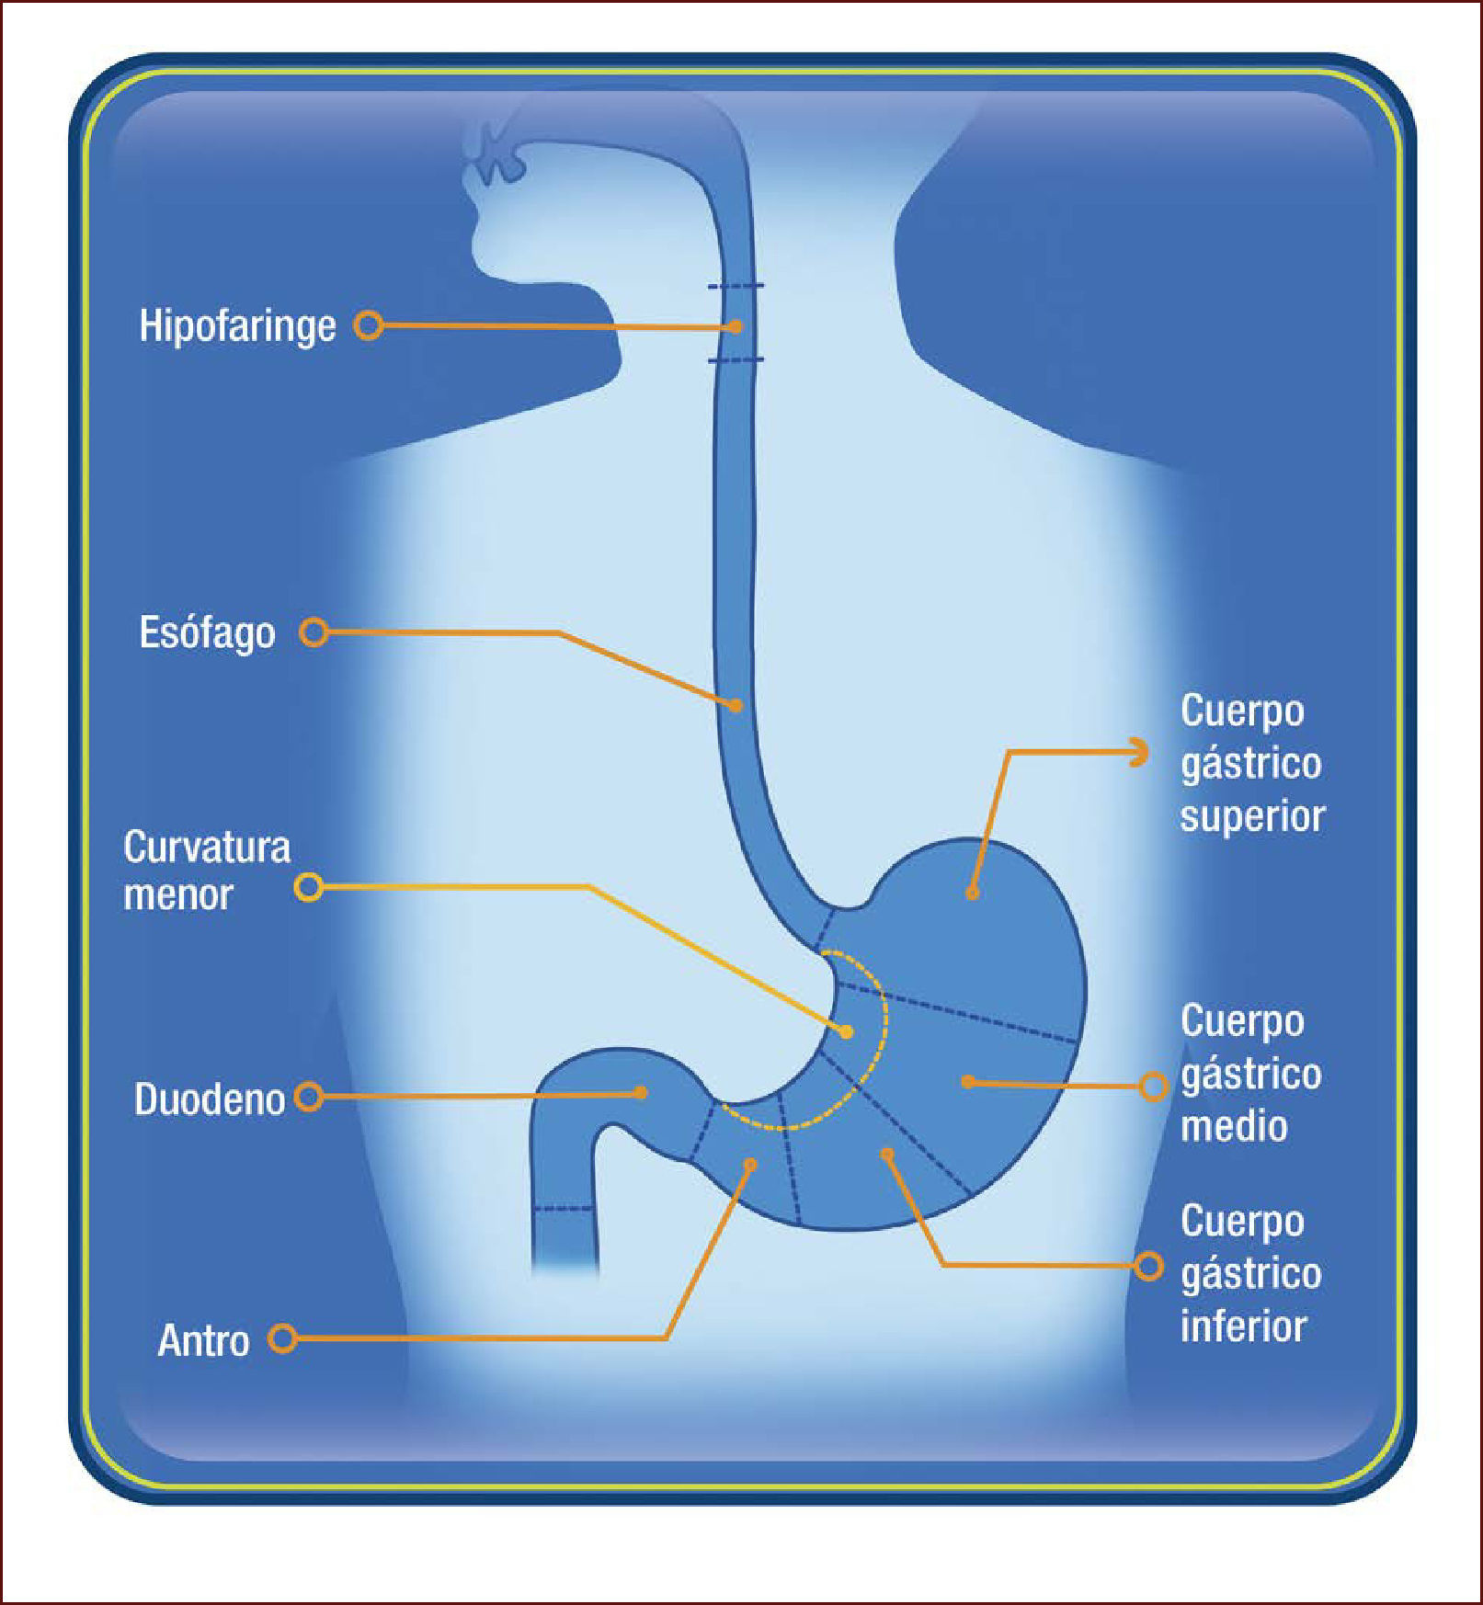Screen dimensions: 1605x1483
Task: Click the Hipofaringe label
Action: click(237, 326)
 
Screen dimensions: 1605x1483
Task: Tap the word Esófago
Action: click(207, 633)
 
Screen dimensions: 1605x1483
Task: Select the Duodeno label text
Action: click(210, 1099)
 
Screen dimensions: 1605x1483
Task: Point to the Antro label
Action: click(203, 1340)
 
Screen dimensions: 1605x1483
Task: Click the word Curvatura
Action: click(207, 848)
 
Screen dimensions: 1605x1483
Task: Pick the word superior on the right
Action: click(1252, 817)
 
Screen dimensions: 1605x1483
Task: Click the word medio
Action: click(1234, 1127)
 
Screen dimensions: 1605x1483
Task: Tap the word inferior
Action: click(1243, 1326)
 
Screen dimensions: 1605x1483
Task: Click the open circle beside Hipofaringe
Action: click(369, 325)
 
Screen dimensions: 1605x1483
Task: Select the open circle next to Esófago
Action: click(314, 632)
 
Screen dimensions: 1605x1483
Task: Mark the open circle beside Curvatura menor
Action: click(308, 887)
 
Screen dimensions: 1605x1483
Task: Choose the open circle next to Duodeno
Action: click(309, 1097)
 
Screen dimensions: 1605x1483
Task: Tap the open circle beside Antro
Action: click(282, 1338)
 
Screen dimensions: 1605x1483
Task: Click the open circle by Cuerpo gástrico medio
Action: click(1153, 1087)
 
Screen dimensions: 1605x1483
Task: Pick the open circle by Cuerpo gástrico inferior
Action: click(1148, 1266)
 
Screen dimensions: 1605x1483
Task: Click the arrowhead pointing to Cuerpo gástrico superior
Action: click(1140, 752)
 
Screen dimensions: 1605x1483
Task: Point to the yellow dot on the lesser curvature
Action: click(847, 1032)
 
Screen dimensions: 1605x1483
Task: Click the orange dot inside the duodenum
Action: click(641, 1093)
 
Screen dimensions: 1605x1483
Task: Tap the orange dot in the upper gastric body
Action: click(972, 893)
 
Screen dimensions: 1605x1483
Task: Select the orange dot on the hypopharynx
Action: click(736, 326)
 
